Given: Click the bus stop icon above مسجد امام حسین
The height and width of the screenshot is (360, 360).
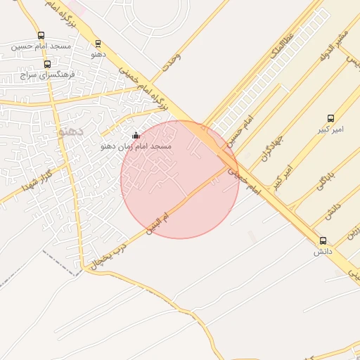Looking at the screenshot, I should (x=41, y=35).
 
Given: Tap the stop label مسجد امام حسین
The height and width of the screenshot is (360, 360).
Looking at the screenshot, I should (x=41, y=46).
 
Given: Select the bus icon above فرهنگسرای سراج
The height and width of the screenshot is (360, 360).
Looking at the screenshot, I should (x=47, y=64).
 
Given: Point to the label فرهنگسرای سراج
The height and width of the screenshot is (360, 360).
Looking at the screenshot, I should (x=46, y=74).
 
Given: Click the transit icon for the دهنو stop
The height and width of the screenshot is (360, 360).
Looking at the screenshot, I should (x=98, y=43).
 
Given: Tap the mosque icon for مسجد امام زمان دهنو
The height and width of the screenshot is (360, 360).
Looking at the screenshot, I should (x=136, y=135).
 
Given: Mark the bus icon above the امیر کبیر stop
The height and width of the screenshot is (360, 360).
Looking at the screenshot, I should (x=330, y=118).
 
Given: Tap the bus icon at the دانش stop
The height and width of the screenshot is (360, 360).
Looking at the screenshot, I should (x=323, y=240).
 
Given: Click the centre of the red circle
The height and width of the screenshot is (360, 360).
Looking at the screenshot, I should (x=180, y=180).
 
